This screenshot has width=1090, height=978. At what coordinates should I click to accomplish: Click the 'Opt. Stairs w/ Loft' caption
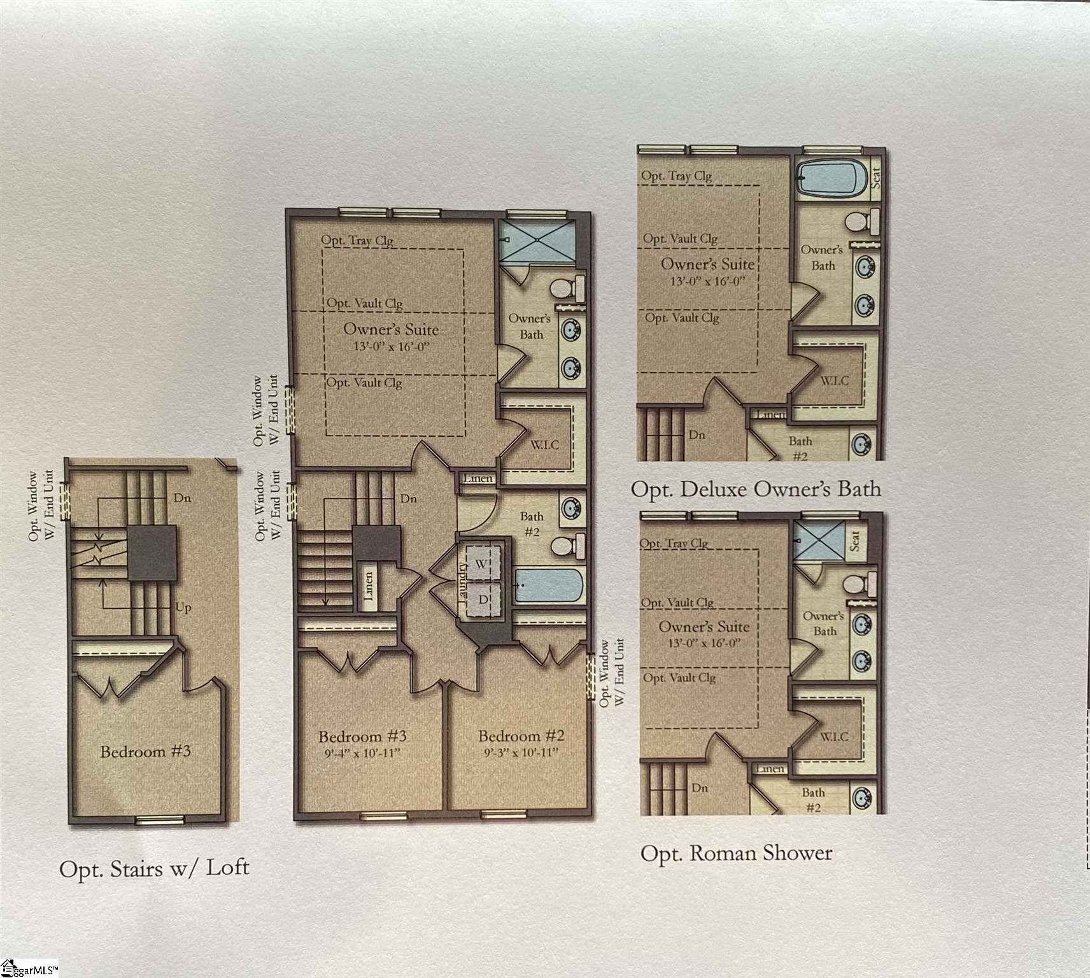tap(154, 868)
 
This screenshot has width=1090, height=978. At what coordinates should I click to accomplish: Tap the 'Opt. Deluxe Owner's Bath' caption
tap(756, 489)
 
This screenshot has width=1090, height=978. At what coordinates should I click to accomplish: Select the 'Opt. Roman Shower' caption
tap(736, 853)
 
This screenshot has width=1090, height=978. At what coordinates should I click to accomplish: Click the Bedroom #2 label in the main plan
tap(521, 736)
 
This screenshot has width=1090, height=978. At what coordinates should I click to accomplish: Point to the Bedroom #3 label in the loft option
tap(145, 751)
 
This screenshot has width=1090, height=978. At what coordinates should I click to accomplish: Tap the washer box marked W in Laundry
tap(481, 564)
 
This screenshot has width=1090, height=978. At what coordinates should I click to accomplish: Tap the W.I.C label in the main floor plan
tap(544, 445)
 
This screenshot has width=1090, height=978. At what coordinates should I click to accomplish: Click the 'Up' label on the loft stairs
tap(183, 607)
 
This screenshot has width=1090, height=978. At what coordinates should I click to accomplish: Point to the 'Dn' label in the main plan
tap(409, 499)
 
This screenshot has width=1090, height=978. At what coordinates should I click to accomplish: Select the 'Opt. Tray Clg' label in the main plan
tap(357, 241)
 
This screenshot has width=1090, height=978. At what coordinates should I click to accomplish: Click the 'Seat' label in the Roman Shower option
tap(855, 541)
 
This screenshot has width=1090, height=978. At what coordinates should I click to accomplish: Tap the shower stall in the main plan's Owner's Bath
tap(536, 241)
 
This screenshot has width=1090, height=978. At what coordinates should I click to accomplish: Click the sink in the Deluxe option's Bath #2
tap(861, 443)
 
